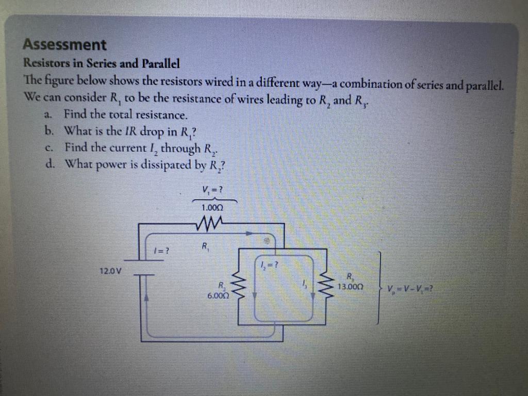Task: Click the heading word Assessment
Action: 65,45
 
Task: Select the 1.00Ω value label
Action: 212,207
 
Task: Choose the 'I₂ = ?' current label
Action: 270,266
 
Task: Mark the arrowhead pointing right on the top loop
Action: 249,234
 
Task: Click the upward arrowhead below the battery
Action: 146,298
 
